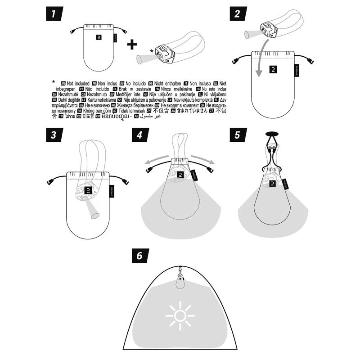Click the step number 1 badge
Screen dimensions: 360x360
click(54, 14)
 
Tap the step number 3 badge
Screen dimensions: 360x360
click(54, 135)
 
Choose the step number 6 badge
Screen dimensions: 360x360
click(140, 256)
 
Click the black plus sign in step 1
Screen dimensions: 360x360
click(131, 44)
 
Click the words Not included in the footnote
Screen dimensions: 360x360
click(79, 84)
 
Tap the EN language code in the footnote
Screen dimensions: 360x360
click(63, 84)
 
